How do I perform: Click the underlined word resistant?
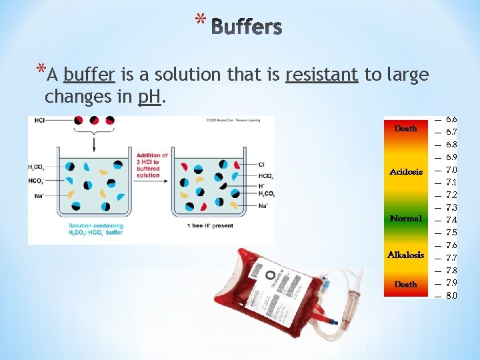click(x=321, y=75)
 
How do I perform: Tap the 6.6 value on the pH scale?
click(x=451, y=119)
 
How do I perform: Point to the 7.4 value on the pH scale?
click(x=451, y=220)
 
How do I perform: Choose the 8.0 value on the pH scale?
click(x=451, y=295)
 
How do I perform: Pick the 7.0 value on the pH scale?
click(x=451, y=170)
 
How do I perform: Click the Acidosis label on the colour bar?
click(x=406, y=172)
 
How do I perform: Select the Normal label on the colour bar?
click(x=406, y=219)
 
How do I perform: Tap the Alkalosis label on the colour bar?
click(x=406, y=255)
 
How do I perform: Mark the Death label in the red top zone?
click(x=406, y=129)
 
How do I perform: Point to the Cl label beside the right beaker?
click(x=261, y=164)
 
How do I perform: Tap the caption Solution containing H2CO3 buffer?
click(x=95, y=229)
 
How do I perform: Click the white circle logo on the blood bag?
click(x=270, y=275)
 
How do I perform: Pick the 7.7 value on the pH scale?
click(x=451, y=258)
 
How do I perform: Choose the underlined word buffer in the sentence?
click(x=85, y=75)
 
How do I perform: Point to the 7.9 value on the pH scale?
click(x=451, y=283)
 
